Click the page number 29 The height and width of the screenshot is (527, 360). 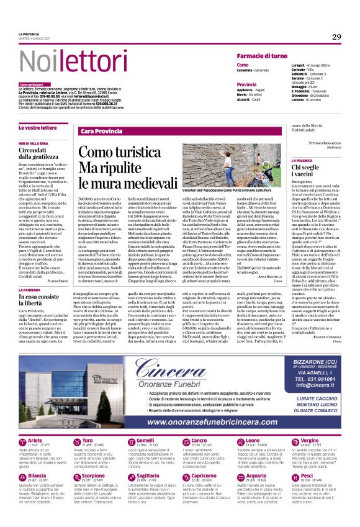click(336, 37)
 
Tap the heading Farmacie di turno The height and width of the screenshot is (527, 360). click(261, 56)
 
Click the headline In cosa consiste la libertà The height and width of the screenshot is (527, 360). click(43, 300)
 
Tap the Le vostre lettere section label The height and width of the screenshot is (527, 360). click(38, 127)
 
